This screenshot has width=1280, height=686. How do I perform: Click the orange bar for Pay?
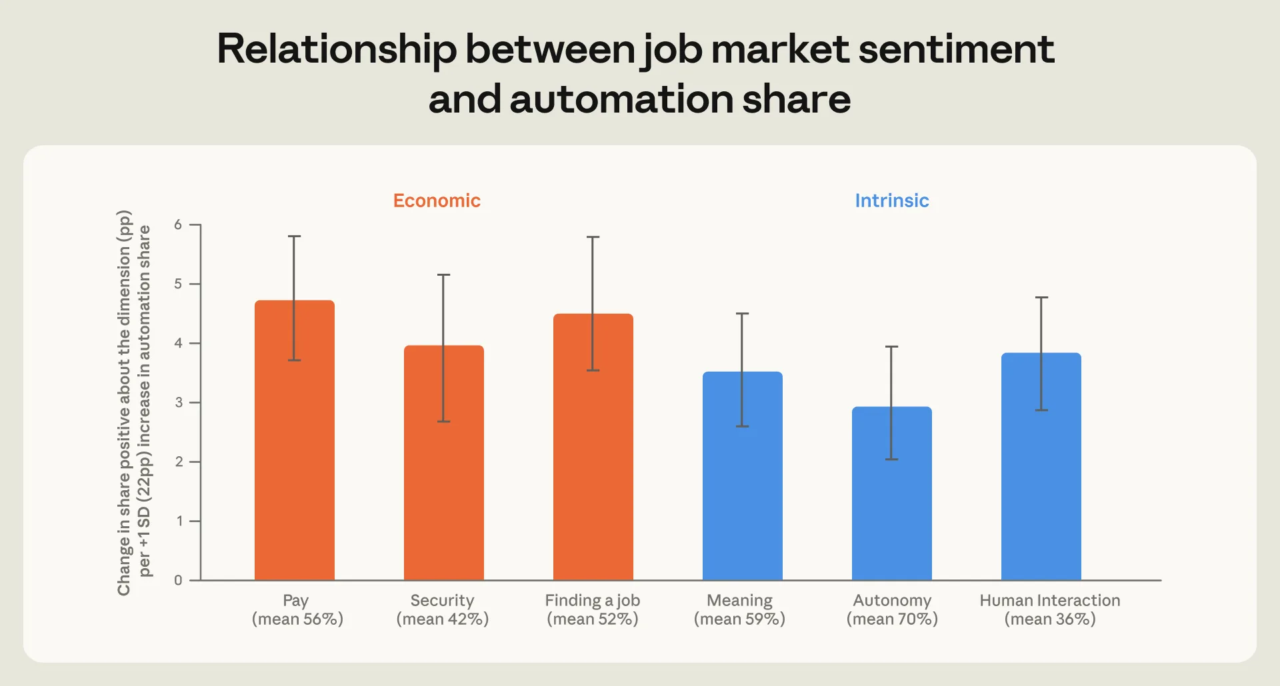tap(295, 440)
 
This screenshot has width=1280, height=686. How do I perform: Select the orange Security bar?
tap(444, 463)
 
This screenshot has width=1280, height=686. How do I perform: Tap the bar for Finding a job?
tap(593, 447)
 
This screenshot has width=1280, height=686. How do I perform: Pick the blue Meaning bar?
tap(743, 476)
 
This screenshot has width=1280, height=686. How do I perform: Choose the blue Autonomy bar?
tap(892, 494)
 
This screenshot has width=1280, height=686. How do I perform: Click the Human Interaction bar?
tap(1041, 466)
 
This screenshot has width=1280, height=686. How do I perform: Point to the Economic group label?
tap(437, 200)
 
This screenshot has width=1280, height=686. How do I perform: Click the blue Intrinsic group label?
tap(892, 200)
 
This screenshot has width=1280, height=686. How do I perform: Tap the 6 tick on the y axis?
tap(178, 224)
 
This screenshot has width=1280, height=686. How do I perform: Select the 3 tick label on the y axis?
tap(178, 402)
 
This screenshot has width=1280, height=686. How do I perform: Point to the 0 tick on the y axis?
tap(178, 580)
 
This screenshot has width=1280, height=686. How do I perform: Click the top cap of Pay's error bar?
tap(295, 236)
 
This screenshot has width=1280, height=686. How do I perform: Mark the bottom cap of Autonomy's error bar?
tap(892, 460)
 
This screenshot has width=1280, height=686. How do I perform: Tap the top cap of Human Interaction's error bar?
tap(1041, 297)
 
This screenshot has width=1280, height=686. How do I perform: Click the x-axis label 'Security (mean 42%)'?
tap(443, 609)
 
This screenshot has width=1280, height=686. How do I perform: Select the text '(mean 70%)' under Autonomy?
tap(892, 619)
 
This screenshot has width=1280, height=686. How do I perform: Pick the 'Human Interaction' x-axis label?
tap(1050, 600)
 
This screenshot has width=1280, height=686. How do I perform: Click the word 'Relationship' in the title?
tap(337, 50)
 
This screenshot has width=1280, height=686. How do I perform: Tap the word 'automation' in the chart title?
tap(621, 99)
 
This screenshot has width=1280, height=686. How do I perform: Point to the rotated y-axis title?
tap(134, 402)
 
